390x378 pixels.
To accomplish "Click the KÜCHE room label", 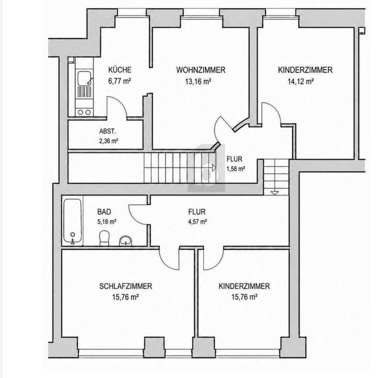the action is point(120,70).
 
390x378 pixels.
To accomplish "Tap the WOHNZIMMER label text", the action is point(201,70).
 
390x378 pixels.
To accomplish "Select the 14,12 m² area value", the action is point(300,81).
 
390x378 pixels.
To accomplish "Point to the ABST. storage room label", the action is point(107,131).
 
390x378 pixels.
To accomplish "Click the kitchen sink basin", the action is point(84,78).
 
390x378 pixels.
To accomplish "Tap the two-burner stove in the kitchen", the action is point(84,112).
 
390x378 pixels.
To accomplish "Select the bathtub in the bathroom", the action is point(72,221).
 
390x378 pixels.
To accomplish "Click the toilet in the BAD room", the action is point(104,238).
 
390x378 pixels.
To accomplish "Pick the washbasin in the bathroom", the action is point(126,241).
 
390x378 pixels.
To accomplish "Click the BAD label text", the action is point(104,212).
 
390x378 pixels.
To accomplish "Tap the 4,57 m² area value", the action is point(197,221).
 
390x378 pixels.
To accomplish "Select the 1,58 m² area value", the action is point(236,169).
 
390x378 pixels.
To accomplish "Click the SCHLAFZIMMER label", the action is point(126,286).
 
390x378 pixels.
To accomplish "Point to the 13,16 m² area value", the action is point(198,81).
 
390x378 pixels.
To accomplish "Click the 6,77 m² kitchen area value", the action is point(120,81).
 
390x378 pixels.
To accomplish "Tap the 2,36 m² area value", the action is point(108,141).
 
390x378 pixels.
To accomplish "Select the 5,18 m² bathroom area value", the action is point(107,221).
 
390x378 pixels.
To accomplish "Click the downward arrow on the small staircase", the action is point(275,193).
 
